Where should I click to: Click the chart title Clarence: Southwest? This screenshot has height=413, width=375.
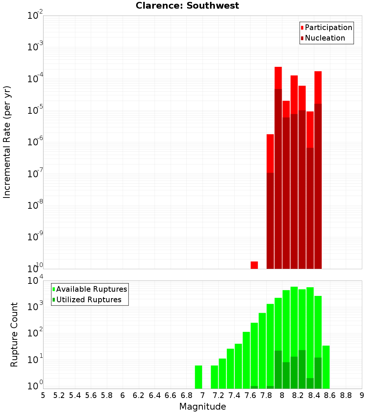click(187, 6)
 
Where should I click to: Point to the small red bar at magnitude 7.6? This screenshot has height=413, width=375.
click(254, 265)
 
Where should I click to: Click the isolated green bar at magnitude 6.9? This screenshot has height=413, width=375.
click(198, 377)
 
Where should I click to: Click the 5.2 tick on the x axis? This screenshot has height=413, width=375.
click(59, 395)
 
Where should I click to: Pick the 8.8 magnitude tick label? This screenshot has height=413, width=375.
click(346, 395)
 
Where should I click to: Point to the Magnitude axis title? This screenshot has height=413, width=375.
click(202, 407)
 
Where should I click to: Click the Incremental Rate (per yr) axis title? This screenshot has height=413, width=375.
click(7, 142)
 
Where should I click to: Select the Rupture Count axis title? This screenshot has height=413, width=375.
click(14, 335)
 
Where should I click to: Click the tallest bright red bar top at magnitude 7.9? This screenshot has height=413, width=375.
click(278, 68)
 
